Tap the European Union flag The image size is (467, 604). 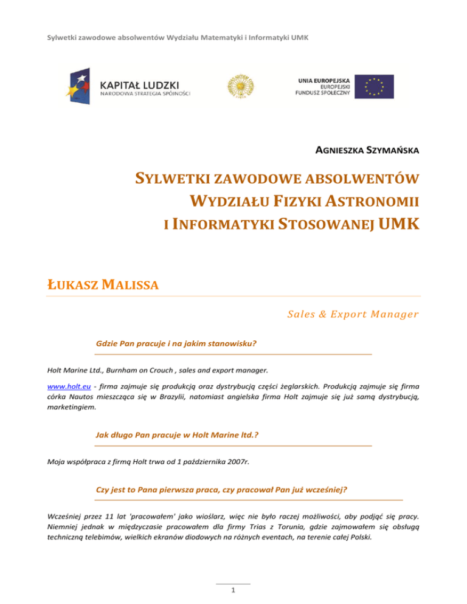click(375, 86)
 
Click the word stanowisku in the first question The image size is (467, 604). click(232, 343)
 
